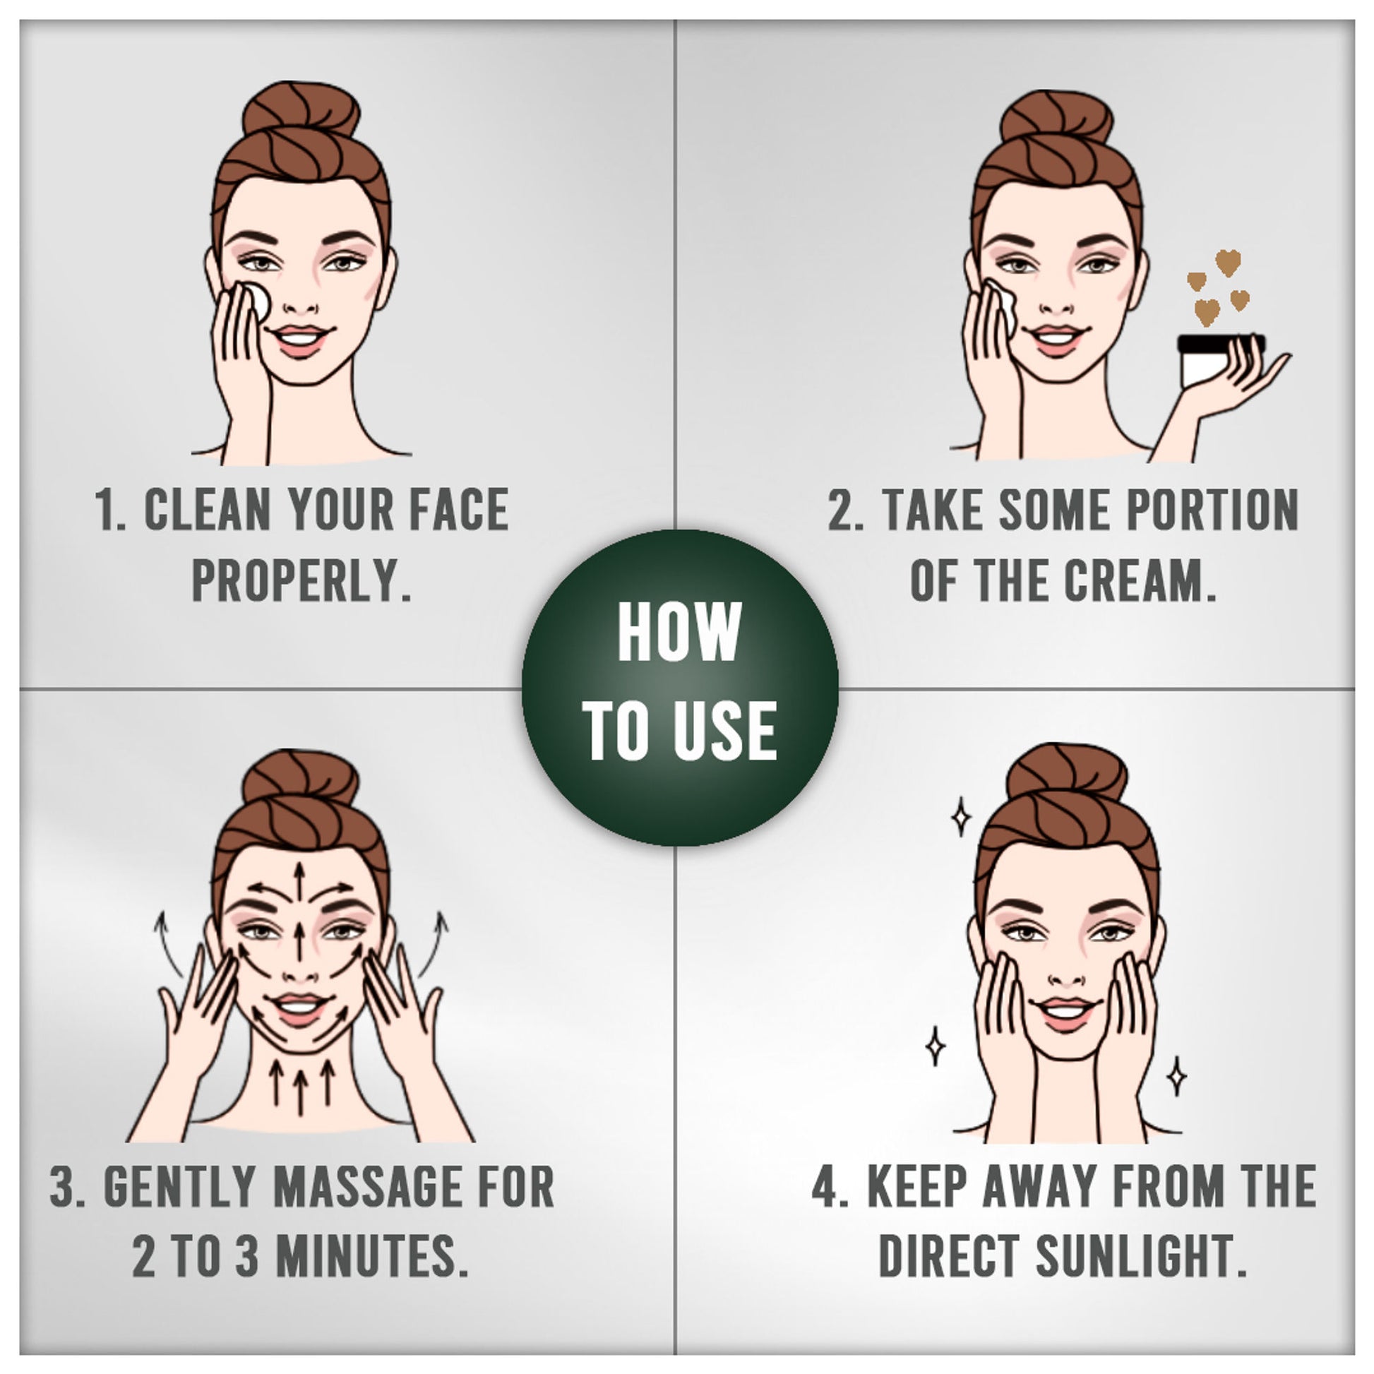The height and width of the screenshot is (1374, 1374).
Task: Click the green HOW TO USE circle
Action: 680,688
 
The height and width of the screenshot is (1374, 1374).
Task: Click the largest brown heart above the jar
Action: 1228,263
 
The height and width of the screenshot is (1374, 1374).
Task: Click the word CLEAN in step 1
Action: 208,509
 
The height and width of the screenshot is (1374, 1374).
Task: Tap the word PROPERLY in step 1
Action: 302,580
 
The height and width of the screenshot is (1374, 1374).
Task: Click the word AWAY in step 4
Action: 1034,1186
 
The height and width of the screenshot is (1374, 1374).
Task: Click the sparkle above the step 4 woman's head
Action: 961,816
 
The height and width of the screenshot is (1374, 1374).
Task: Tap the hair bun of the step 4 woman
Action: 1067,774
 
